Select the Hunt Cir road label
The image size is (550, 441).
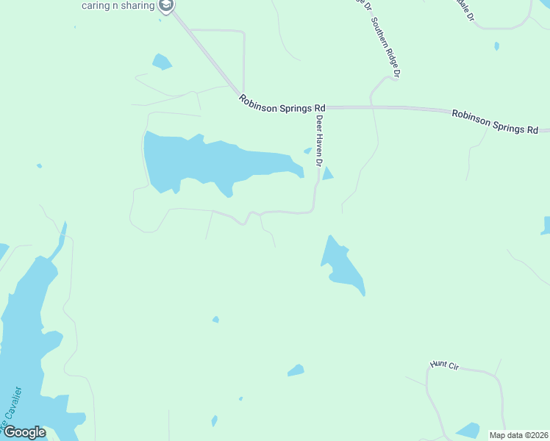444,365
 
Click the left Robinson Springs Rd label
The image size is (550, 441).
282,103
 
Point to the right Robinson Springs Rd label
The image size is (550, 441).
495,122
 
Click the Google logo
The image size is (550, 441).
24,432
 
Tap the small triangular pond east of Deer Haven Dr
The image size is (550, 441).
327,174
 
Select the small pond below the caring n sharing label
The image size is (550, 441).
161,62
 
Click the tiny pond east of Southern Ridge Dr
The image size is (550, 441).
497,46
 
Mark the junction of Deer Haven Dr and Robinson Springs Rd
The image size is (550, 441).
317,107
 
